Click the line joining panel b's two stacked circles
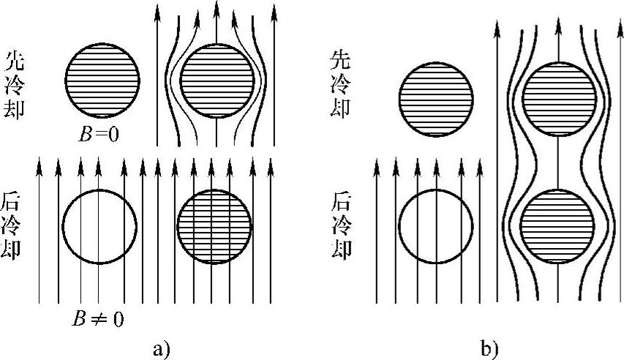(x=558, y=162)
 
